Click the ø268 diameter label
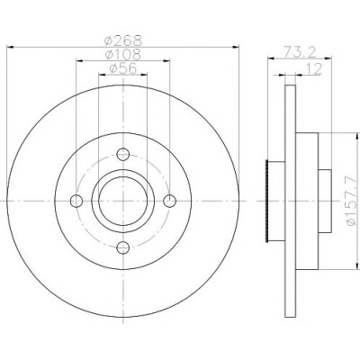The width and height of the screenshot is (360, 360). click(x=123, y=40)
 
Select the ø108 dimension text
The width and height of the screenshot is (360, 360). click(x=123, y=54)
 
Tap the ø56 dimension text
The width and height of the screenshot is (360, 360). click(x=123, y=68)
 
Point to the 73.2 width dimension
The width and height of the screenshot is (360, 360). click(x=300, y=52)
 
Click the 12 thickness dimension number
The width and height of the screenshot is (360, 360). click(x=314, y=68)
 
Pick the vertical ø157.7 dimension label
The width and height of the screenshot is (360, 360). click(x=352, y=201)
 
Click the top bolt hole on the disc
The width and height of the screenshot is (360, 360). click(x=123, y=155)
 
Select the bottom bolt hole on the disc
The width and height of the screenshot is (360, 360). click(x=123, y=247)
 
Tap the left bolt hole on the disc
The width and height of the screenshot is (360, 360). click(x=76, y=201)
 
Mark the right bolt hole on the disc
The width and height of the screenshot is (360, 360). click(x=170, y=201)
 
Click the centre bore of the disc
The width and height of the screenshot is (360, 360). click(x=123, y=201)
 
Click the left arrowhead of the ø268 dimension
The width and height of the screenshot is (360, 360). click(x=10, y=47)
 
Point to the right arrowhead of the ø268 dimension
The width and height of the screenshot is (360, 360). click(x=236, y=47)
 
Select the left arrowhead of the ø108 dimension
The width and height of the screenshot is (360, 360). click(x=79, y=61)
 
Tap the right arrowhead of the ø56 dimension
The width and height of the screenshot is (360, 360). click(x=144, y=75)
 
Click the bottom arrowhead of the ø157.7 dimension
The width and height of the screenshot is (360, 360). click(x=356, y=266)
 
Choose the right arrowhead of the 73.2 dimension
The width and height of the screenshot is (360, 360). click(x=328, y=58)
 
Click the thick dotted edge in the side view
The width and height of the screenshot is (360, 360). click(x=266, y=201)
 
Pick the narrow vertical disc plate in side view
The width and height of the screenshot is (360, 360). click(x=290, y=201)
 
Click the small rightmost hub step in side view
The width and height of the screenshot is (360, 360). click(x=325, y=201)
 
